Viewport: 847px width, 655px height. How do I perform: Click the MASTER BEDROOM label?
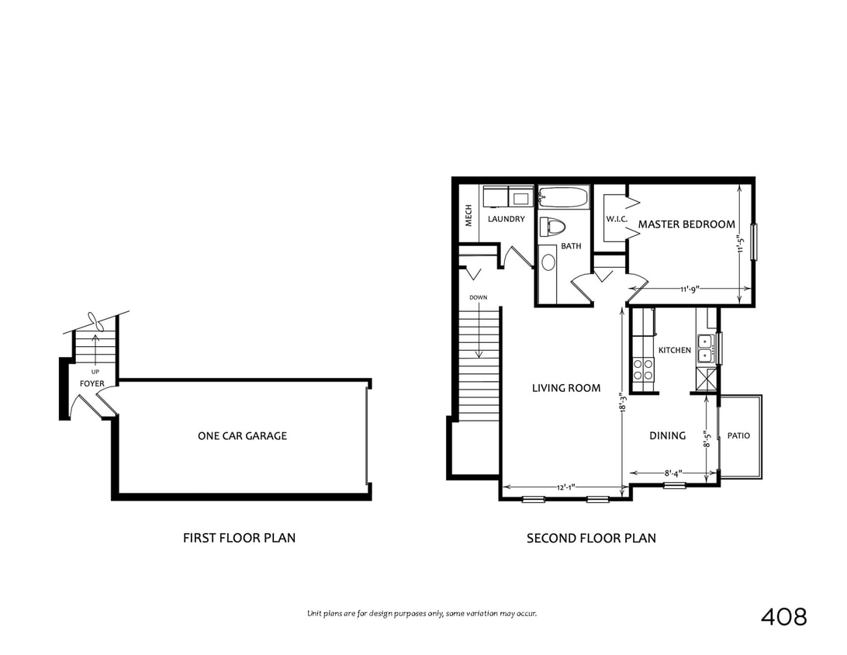(686, 224)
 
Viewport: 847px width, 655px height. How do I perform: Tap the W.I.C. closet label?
(617, 220)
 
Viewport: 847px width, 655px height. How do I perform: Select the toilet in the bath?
(553, 227)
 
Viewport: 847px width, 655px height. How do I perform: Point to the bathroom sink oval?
(548, 262)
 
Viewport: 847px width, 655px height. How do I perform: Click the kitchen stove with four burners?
(643, 369)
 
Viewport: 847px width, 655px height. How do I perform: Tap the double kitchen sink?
(706, 348)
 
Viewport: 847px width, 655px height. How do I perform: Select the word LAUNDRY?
(506, 220)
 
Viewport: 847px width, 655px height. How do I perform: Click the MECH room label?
(469, 215)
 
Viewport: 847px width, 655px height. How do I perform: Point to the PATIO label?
(738, 435)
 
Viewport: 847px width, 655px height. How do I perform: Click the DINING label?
(667, 435)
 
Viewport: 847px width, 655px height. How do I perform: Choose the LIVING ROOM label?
(566, 388)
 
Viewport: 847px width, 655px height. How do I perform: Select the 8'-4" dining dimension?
(672, 472)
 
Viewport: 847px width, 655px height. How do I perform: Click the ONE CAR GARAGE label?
(242, 436)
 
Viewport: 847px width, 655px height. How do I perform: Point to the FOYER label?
(92, 383)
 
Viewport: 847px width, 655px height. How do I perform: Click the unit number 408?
(783, 617)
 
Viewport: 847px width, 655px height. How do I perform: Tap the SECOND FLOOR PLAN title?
(591, 538)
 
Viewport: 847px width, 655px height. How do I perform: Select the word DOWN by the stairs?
(478, 297)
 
